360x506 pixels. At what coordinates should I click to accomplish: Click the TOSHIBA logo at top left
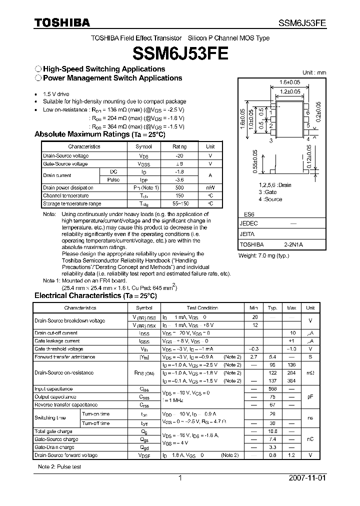pos(62,23)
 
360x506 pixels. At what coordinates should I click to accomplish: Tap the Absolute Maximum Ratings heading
pos(99,134)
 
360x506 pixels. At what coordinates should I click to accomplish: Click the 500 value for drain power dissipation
pos(179,188)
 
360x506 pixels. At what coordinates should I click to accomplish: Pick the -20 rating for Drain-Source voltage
pos(179,155)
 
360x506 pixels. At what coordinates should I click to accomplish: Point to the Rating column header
pos(179,146)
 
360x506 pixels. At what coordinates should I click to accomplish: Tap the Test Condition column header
pos(201,308)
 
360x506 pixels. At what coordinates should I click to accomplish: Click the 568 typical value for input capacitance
pos(272,389)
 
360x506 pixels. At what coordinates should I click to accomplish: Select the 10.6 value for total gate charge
pos(272,431)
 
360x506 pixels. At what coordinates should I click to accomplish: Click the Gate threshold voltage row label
pos(58,349)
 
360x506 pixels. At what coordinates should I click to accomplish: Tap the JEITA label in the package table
pos(247,234)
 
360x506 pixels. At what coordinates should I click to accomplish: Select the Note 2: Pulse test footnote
pos(59,466)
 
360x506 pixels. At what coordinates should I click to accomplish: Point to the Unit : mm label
pos(314,72)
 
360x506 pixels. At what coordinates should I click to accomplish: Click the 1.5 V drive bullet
pos(56,94)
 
